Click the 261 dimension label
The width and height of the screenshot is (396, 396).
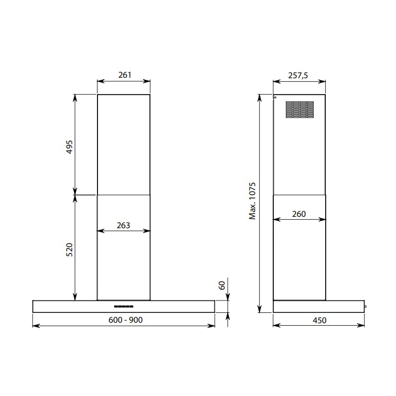tap(125, 75)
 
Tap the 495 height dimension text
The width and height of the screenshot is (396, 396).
tap(69, 147)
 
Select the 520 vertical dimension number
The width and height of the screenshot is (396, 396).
tap(69, 250)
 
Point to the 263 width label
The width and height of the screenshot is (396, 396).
tap(123, 225)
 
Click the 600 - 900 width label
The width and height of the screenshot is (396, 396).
tap(126, 320)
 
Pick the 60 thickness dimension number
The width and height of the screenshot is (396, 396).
tap(221, 286)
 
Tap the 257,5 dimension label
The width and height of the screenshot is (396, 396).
tap(298, 76)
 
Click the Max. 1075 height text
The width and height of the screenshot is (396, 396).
tap(252, 201)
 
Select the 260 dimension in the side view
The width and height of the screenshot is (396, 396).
tap(299, 214)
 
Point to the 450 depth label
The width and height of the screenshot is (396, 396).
tap(319, 320)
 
